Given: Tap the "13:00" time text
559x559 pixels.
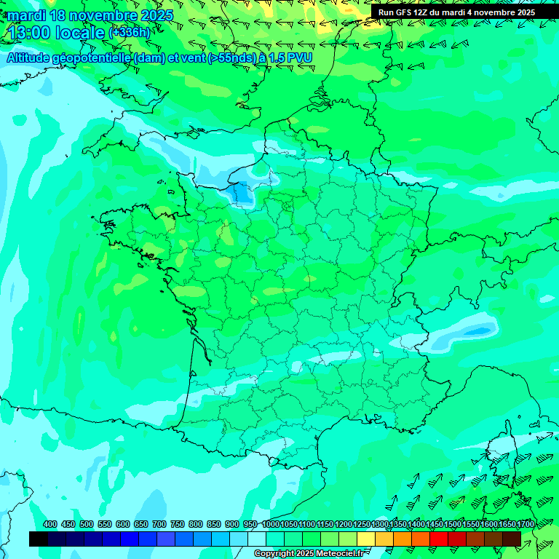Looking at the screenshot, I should point(28,33).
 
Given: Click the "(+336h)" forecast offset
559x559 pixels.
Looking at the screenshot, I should point(129,33).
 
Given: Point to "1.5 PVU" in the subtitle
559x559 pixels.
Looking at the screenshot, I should point(290,58).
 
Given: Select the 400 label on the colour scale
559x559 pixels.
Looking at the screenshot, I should point(50,524).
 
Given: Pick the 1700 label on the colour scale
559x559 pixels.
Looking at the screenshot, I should point(526,524).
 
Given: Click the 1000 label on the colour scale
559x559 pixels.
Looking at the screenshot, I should point(270,524).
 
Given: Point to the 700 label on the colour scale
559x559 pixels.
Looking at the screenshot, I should point(159,524).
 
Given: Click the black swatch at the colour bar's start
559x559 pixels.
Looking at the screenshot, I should point(39,539).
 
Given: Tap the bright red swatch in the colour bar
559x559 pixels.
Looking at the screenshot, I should point(439,539).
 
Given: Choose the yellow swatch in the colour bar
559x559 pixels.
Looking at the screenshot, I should point(366,539).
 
